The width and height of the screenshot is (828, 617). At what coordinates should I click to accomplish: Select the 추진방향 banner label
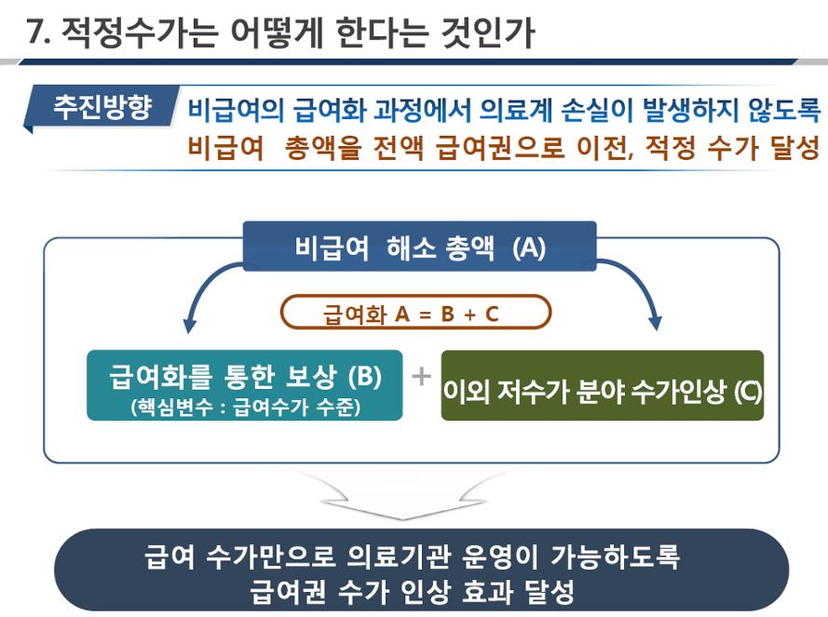[x=102, y=107]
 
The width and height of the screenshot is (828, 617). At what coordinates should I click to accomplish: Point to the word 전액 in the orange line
[x=398, y=147]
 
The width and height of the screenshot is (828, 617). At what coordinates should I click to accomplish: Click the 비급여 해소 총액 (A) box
[x=419, y=247]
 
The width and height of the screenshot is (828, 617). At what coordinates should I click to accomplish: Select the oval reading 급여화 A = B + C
[x=415, y=313]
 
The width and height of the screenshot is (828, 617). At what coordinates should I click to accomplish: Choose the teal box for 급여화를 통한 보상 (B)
[x=245, y=385]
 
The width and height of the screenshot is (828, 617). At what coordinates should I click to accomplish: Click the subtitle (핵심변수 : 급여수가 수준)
[x=246, y=407]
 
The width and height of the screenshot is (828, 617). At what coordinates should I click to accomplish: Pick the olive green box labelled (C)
[x=602, y=385]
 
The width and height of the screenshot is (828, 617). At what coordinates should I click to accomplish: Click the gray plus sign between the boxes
[x=421, y=376]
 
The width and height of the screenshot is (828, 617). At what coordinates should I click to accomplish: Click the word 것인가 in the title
[x=488, y=33]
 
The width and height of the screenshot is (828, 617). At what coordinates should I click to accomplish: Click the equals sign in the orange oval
[x=425, y=315]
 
